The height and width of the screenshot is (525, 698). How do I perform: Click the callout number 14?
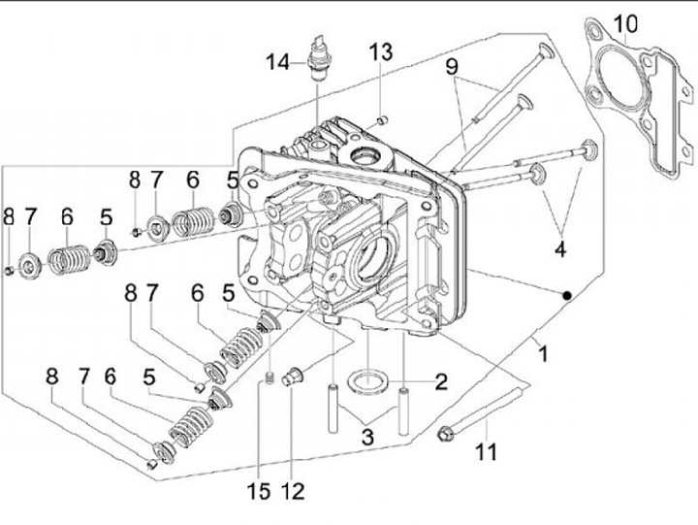click(x=278, y=62)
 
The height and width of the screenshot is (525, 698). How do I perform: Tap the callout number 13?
click(x=381, y=51)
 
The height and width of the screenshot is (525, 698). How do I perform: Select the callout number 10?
click(x=625, y=24)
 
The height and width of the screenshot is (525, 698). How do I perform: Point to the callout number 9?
click(x=452, y=67)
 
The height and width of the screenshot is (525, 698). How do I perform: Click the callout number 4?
click(x=560, y=249)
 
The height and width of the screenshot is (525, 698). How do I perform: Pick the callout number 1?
click(x=543, y=354)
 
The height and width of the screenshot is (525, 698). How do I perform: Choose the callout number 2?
click(x=440, y=382)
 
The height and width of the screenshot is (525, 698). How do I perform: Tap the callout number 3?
click(x=367, y=438)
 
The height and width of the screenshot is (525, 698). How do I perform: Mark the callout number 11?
click(x=486, y=452)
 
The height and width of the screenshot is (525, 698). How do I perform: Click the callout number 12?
click(x=293, y=491)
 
